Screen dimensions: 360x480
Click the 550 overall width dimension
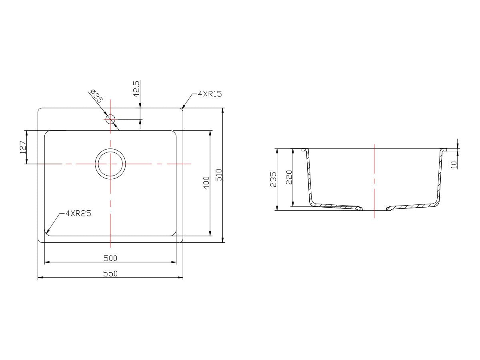[x=110, y=274]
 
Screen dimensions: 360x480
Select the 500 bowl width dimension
[x=110, y=258]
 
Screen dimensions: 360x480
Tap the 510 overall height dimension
[x=218, y=175]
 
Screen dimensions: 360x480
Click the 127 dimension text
[x=23, y=147]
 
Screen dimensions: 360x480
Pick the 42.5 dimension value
[x=136, y=89]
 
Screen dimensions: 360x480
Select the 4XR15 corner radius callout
[x=210, y=94]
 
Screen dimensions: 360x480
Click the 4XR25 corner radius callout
[x=78, y=213]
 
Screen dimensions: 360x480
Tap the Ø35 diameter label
[x=97, y=96]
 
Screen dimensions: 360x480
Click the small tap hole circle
[x=110, y=119]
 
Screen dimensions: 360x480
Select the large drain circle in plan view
[x=110, y=164]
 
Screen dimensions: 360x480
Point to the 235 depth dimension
[x=273, y=179]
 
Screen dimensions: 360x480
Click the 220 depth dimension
[x=289, y=177]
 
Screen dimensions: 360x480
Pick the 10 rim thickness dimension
[x=454, y=164]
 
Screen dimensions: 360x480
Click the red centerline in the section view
[x=374, y=180]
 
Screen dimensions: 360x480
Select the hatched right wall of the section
[x=440, y=176]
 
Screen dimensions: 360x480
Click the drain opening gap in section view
[x=374, y=208]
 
